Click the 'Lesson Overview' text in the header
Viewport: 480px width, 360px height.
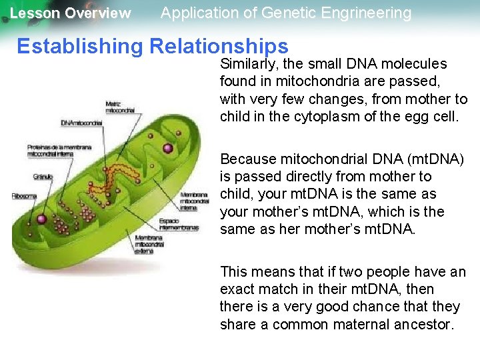coord(70,13)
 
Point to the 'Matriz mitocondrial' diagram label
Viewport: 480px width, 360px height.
coord(120,107)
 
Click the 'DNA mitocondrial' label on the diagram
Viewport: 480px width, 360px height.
coord(81,123)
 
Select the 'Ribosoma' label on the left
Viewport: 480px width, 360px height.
coord(24,196)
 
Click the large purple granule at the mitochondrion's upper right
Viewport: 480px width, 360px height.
coord(168,148)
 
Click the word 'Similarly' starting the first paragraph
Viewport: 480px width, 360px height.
coord(247,64)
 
